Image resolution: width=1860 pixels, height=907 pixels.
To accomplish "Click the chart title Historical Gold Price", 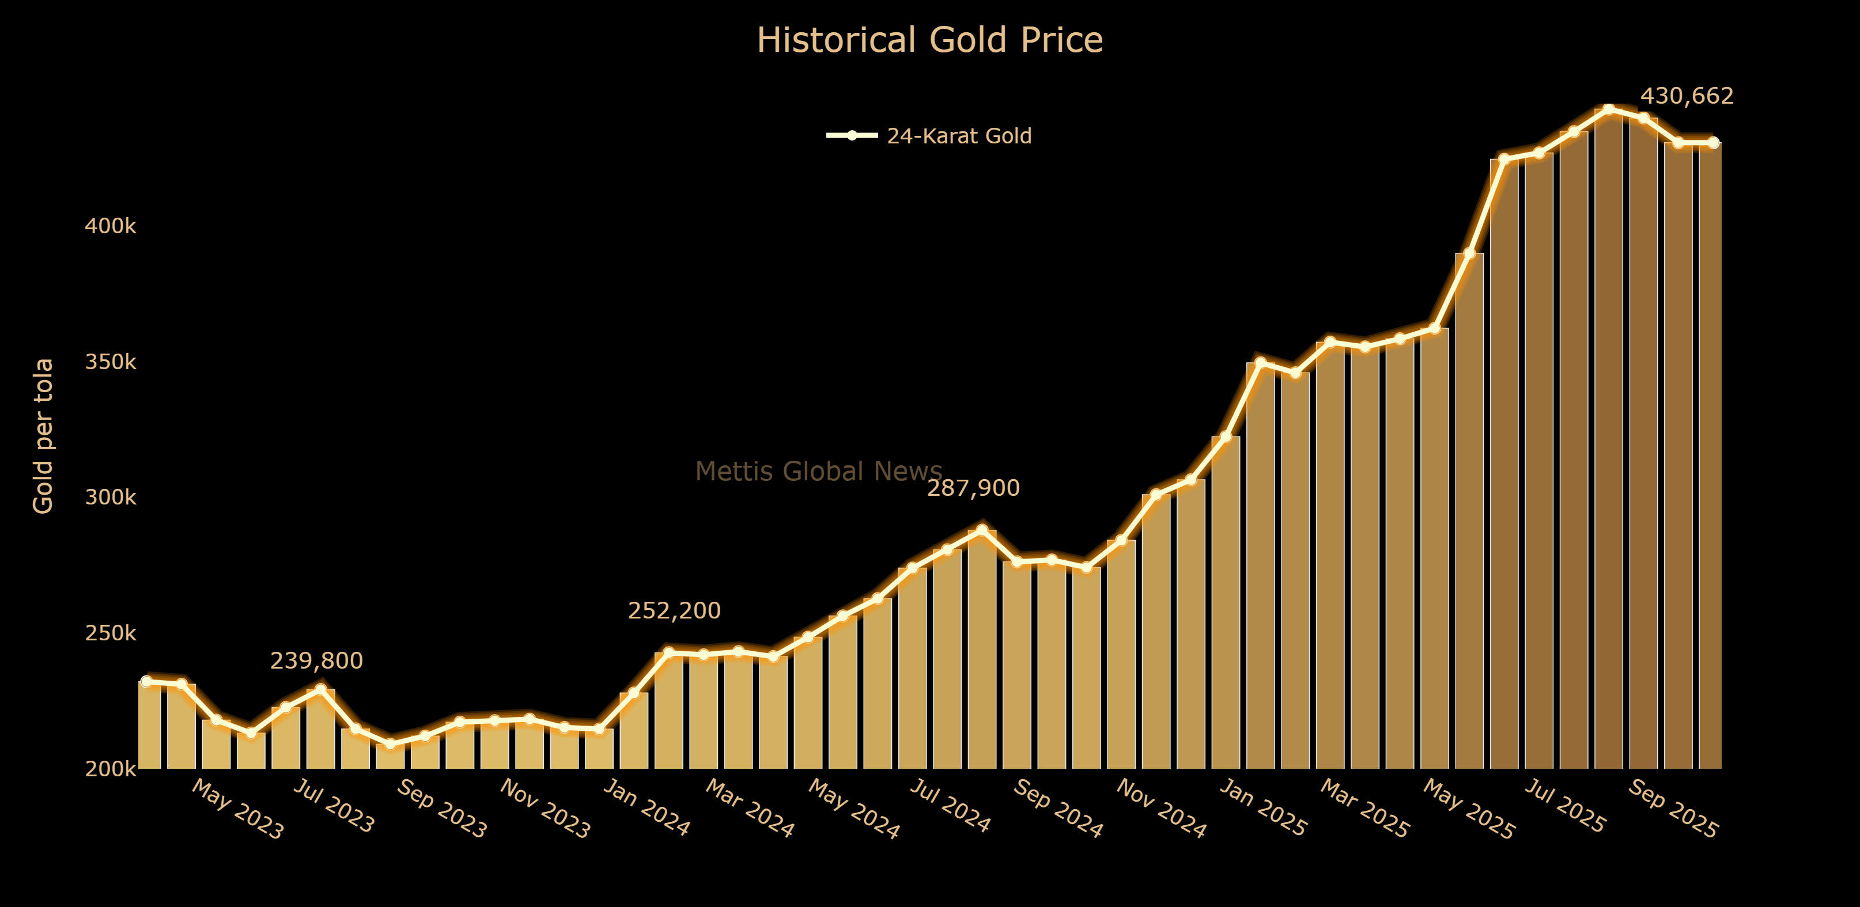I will coord(929,40).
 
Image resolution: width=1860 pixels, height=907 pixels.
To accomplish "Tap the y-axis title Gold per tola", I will coord(43,436).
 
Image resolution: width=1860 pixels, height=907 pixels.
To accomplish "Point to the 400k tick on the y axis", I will coord(109,226).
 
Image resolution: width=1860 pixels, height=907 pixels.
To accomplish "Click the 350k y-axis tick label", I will coord(109,362).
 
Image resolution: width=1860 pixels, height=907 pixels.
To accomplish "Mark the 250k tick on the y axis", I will coord(109,633).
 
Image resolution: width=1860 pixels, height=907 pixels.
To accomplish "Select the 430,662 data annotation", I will coord(1687,96).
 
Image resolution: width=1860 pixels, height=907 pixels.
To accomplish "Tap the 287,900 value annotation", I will coord(973,488).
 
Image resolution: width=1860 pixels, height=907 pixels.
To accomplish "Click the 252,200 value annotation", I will coord(674,611).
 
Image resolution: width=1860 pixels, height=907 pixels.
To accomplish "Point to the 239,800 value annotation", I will coord(316,661).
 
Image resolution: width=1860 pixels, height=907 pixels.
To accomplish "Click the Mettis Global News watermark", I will coord(818,471).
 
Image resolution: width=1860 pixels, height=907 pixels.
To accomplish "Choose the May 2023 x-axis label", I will coord(237,810).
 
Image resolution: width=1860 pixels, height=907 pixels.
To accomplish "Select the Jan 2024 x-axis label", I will coord(647,807).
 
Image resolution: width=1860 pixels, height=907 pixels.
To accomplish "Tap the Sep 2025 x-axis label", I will coord(1673,810).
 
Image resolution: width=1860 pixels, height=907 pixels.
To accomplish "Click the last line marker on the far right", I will coord(1712,143).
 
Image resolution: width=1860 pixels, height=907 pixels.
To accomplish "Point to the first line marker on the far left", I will coord(146,681).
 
